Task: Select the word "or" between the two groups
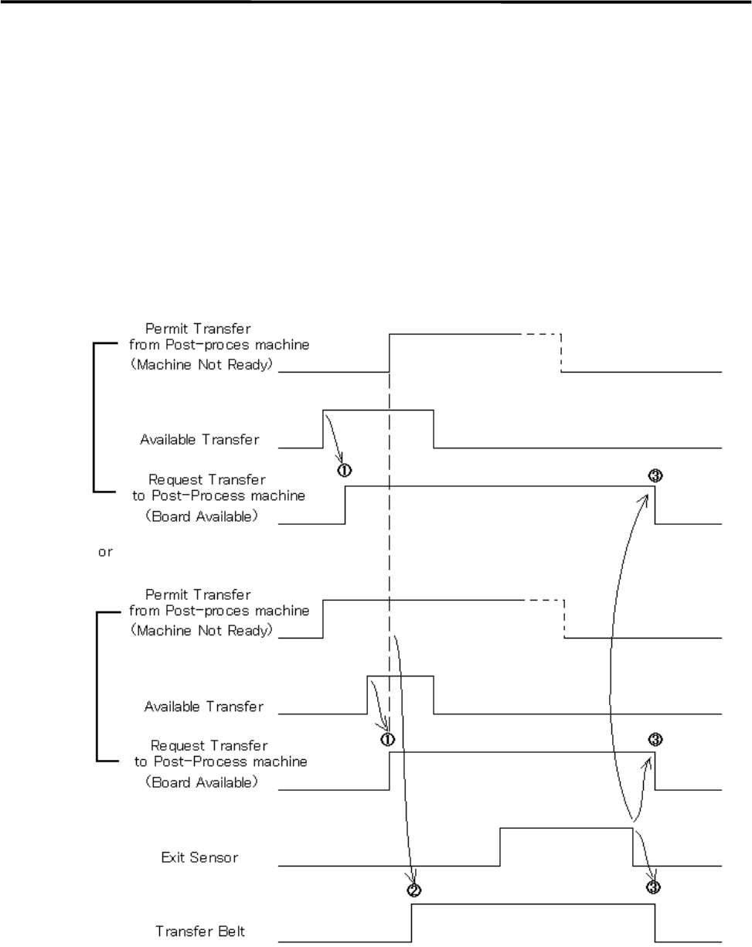(105, 554)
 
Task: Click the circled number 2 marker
(413, 890)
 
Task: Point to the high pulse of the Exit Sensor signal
(567, 829)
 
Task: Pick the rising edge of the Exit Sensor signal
(501, 847)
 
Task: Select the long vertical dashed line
(390, 541)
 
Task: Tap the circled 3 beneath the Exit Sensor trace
(654, 887)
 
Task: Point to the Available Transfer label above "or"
(199, 440)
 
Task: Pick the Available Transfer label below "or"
(204, 706)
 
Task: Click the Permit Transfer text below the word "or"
(199, 594)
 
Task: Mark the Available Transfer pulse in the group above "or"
(378, 410)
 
